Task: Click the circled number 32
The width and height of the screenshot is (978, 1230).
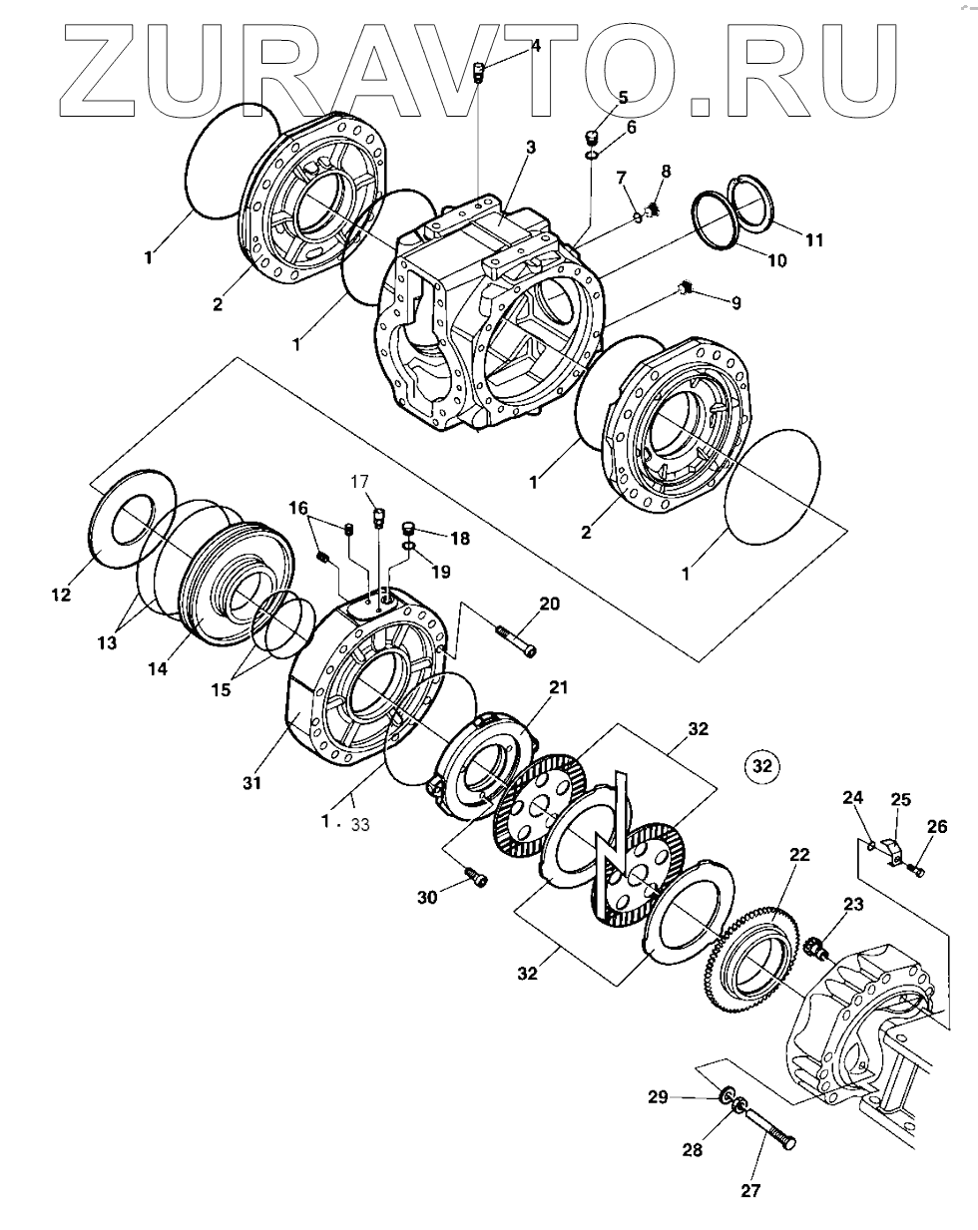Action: point(762,765)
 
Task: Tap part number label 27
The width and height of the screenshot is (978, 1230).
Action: point(750,1190)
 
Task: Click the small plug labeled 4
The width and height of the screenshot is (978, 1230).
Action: point(479,73)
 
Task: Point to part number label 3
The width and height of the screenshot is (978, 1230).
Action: point(531,147)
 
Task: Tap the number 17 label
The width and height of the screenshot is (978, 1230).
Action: point(359,482)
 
